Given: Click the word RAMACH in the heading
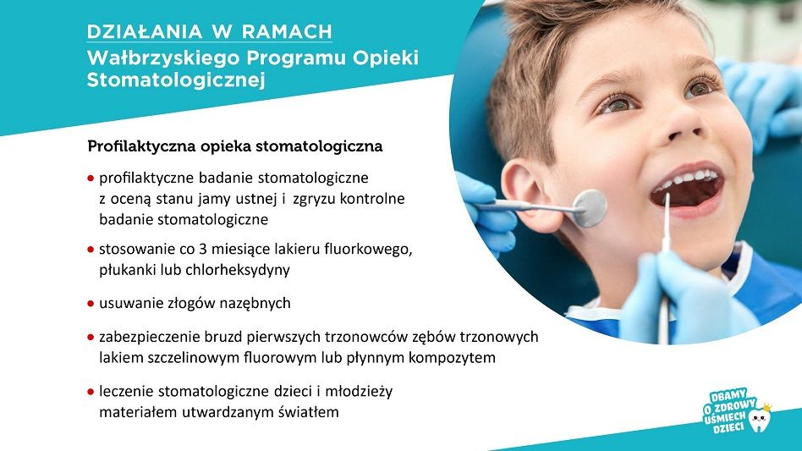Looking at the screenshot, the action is point(287,31).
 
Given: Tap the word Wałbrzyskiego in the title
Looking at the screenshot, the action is point(163,58).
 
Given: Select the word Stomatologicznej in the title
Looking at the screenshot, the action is point(176,80).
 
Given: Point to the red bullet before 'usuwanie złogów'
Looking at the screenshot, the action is point(91,304).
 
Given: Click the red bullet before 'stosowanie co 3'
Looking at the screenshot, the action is point(91,250).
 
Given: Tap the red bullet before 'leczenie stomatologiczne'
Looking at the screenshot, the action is point(91,393).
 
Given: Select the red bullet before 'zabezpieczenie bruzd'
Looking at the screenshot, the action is point(91,338).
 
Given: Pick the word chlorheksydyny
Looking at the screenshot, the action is point(238,269).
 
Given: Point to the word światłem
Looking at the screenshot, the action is point(309,411).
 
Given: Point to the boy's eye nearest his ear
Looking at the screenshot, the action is point(618,104).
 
